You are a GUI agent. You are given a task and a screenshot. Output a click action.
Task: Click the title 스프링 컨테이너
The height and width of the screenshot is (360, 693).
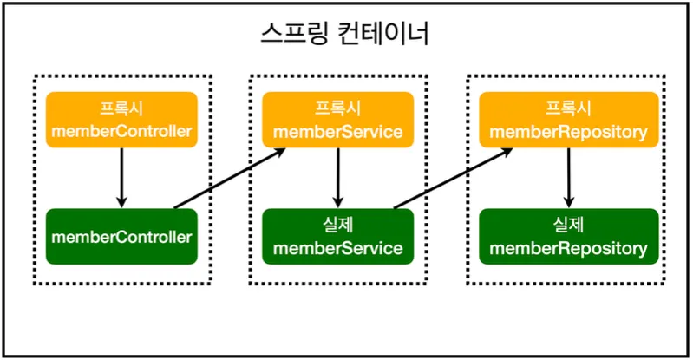click(x=345, y=35)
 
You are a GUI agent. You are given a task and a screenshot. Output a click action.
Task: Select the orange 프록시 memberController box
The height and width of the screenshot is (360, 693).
click(x=121, y=120)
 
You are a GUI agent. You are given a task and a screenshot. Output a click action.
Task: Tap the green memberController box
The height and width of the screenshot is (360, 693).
click(x=121, y=235)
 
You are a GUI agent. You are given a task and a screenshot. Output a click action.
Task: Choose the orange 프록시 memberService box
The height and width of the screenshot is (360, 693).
click(x=337, y=120)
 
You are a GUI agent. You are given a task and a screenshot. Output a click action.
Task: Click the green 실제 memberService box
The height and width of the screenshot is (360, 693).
click(x=337, y=235)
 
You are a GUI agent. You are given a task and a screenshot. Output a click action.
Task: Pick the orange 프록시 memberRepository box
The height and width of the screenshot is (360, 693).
click(x=568, y=120)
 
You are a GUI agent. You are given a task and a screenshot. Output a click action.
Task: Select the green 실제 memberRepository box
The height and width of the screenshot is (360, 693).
click(x=568, y=235)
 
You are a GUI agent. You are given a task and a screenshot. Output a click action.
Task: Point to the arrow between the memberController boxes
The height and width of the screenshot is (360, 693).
click(x=121, y=178)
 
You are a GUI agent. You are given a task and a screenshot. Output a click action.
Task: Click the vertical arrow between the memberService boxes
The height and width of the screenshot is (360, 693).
click(x=337, y=178)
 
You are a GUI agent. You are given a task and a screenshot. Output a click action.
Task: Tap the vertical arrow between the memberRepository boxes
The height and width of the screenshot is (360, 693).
click(x=568, y=178)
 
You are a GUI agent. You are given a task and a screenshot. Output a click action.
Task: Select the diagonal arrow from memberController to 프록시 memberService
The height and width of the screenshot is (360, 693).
click(x=230, y=179)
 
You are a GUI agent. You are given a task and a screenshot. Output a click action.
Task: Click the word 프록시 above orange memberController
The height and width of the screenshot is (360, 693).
click(x=121, y=108)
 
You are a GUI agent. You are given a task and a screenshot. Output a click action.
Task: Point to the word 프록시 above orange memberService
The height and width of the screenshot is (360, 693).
click(x=337, y=108)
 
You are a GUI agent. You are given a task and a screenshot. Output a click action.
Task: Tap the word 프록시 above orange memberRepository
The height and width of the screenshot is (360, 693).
click(x=568, y=108)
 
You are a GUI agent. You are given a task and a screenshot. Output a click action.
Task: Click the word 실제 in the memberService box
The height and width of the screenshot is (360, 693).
click(x=337, y=225)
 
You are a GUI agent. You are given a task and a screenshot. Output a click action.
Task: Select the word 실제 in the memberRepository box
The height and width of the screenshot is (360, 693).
click(x=568, y=225)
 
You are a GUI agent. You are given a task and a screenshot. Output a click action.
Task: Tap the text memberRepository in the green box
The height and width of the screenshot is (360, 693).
click(x=568, y=248)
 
